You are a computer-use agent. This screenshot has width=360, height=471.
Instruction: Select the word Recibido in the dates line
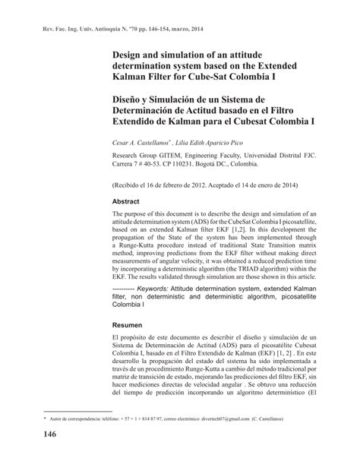[x=136, y=185]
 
